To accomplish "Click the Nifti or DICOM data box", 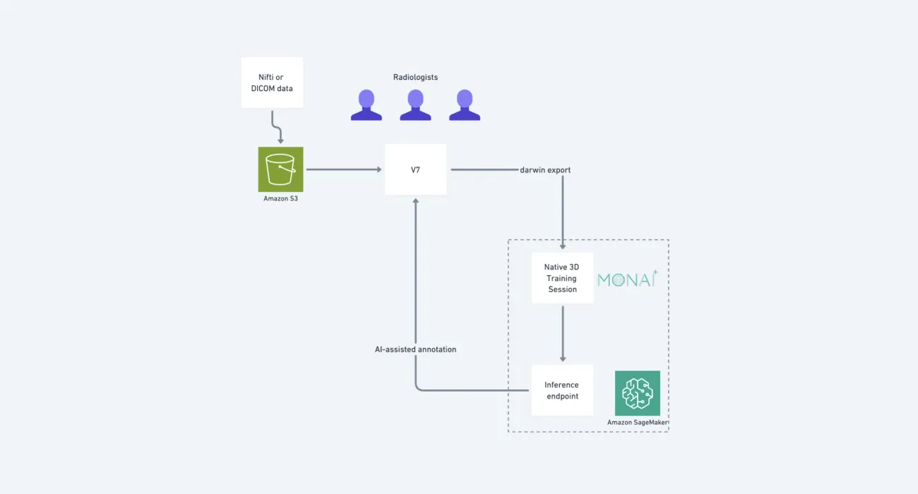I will click(x=272, y=83).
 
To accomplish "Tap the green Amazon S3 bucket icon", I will click(x=280, y=169).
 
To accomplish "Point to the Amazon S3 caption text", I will click(x=280, y=199).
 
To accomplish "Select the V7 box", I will click(x=415, y=169).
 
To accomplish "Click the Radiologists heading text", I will click(x=415, y=77).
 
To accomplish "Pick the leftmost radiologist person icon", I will click(x=366, y=105).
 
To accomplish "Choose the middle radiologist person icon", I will click(x=415, y=105).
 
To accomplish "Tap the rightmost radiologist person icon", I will click(x=465, y=105).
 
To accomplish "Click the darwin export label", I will click(x=545, y=170).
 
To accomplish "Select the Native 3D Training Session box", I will click(x=563, y=278).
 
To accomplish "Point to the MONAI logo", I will click(x=627, y=279).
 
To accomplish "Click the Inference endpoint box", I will click(x=562, y=390).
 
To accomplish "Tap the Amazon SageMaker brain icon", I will click(x=638, y=393).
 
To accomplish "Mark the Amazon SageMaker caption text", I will click(x=638, y=423).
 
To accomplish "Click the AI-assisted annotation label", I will click(x=415, y=349).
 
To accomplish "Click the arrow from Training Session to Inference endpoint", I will click(x=563, y=333).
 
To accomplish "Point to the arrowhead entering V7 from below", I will click(x=415, y=201).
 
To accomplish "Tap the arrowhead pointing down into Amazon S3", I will click(x=280, y=141).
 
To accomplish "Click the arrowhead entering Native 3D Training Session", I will click(x=563, y=246).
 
